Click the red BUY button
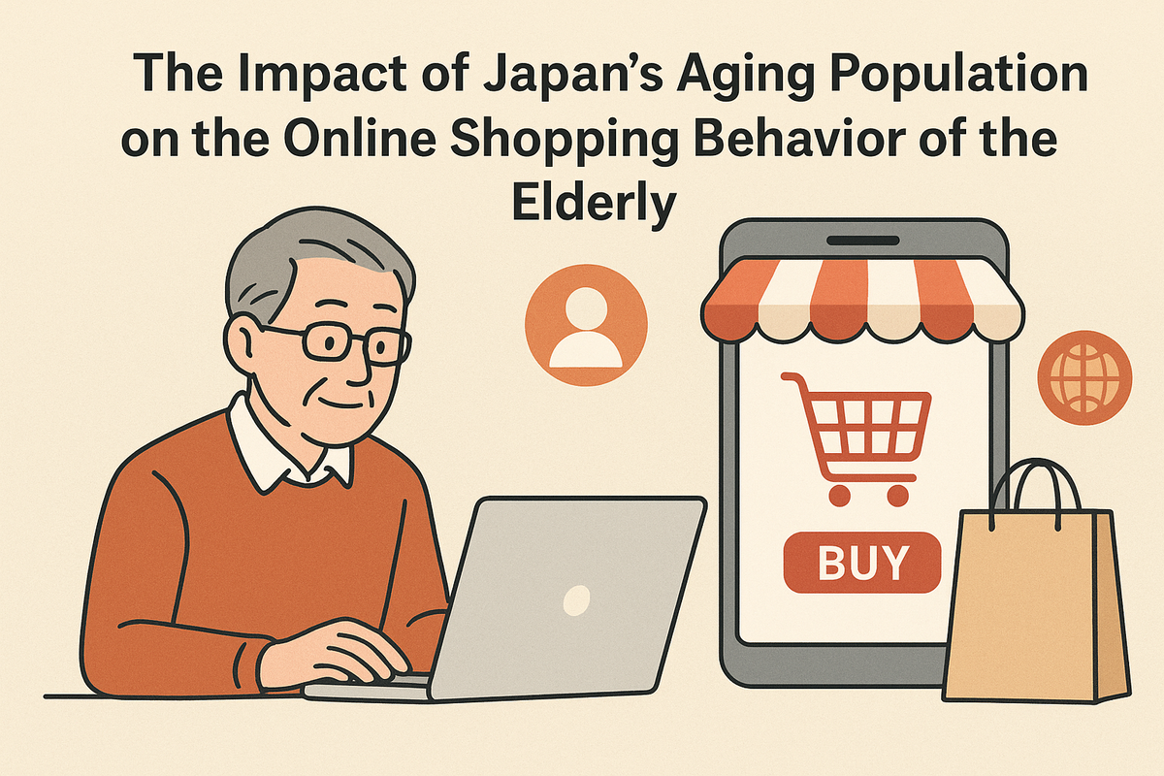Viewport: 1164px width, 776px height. (862, 563)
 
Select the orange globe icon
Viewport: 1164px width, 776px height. (1084, 378)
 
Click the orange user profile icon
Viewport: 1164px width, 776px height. (586, 325)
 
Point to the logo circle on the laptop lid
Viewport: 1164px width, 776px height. (577, 600)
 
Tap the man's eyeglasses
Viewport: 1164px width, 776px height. (343, 342)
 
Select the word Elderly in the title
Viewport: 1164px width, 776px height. (594, 204)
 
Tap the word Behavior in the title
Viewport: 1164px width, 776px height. (806, 139)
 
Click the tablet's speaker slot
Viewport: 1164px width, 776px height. (863, 241)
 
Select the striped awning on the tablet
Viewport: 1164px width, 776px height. (862, 301)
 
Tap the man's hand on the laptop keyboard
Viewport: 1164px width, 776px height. (333, 652)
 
